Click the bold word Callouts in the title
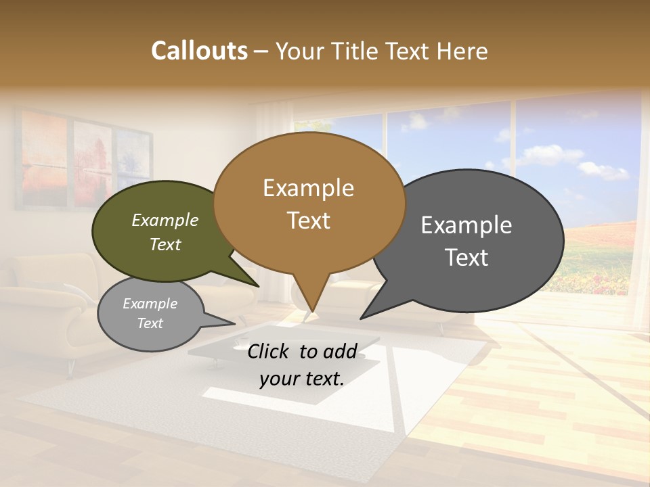[x=199, y=51]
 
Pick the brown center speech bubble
[x=309, y=203]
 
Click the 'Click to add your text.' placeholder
[x=302, y=365]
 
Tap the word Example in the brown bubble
[x=308, y=188]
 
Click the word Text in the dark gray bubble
[x=467, y=258]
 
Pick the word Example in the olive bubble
[x=165, y=221]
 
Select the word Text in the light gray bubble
[x=150, y=323]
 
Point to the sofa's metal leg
[x=70, y=367]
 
